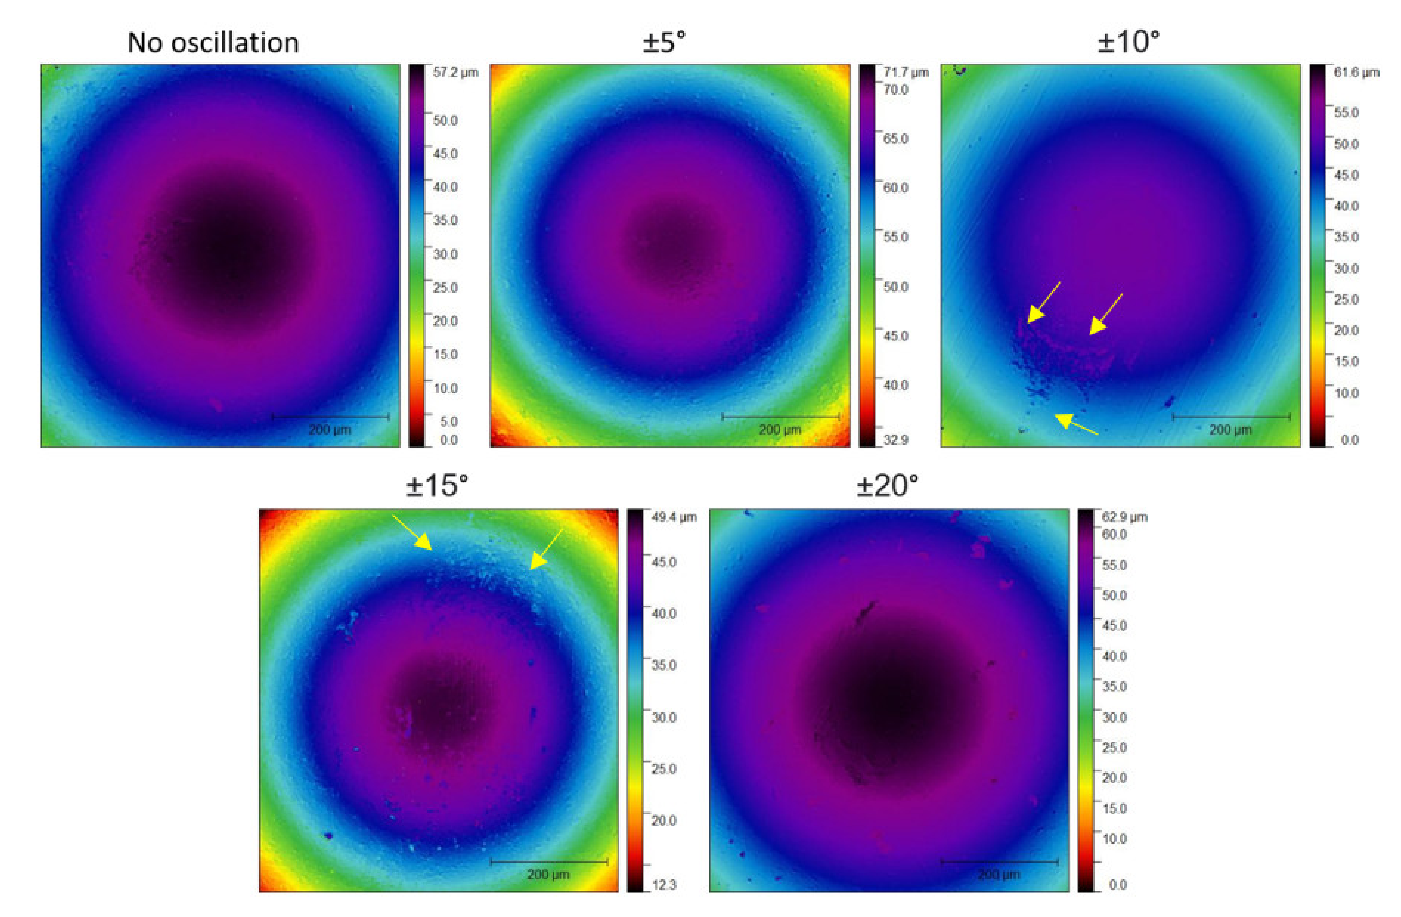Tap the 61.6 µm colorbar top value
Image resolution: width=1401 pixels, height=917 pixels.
tap(1356, 73)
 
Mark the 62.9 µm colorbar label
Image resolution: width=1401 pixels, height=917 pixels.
tap(1124, 517)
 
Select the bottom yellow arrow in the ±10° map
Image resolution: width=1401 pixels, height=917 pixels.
tap(1076, 424)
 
